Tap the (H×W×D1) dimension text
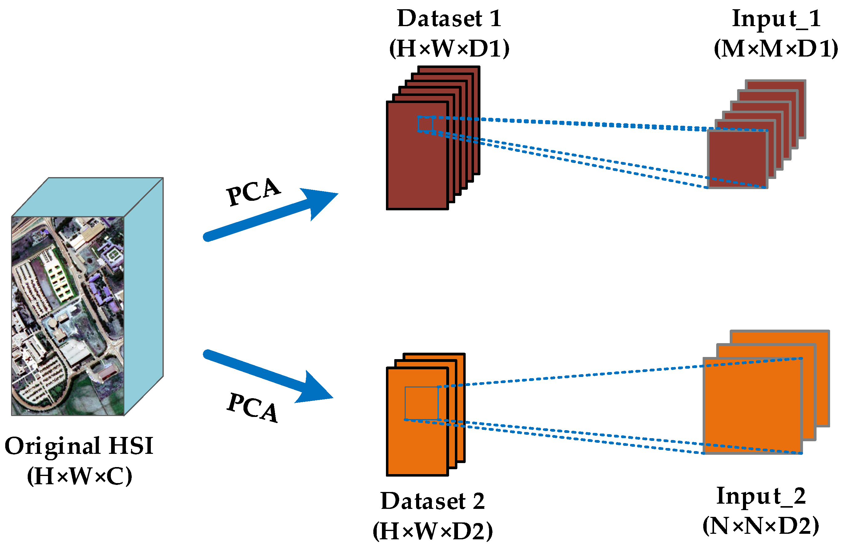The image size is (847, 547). tap(449, 49)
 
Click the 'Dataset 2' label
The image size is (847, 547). tap(432, 501)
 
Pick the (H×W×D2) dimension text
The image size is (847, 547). tap(432, 531)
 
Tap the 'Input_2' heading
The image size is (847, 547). tap(760, 496)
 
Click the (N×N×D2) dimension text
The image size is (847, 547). tap(760, 526)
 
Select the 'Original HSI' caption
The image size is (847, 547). tap(79, 446)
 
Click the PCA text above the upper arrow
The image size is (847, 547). tap(253, 192)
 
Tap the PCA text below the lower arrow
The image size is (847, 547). tap(252, 408)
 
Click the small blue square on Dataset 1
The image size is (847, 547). tap(425, 124)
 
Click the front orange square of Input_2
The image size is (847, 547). tap(752, 406)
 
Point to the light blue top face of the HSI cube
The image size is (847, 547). tap(87, 197)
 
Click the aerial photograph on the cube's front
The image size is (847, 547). tap(67, 316)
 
